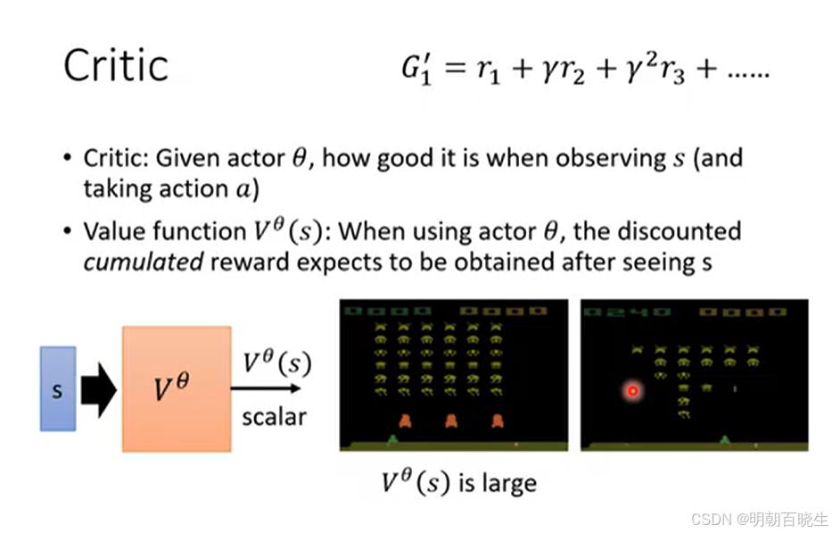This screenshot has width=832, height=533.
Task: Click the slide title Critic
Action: (116, 65)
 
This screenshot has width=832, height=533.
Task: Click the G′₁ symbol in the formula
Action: (416, 70)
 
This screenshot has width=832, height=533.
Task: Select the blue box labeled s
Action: (58, 388)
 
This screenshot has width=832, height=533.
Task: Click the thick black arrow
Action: (99, 389)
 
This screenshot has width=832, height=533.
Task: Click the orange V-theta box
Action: (177, 389)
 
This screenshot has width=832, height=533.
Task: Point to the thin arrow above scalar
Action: (266, 388)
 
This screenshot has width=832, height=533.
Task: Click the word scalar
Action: (275, 417)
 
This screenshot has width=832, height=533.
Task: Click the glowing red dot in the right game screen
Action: (632, 391)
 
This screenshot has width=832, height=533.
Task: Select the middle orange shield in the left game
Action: (451, 421)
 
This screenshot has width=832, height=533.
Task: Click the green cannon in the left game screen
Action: (392, 439)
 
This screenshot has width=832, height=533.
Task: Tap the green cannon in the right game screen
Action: (725, 439)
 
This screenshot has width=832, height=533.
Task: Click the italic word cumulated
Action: (144, 262)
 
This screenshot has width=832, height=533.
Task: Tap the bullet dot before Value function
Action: (68, 231)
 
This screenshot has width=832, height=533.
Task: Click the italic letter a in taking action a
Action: (243, 189)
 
